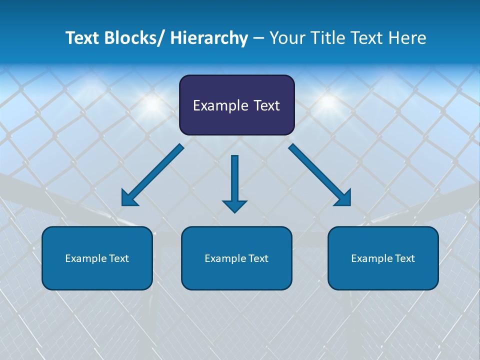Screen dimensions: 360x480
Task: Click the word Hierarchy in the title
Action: [208, 38]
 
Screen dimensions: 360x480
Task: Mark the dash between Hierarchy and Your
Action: [258, 39]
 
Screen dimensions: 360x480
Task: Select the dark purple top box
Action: [236, 105]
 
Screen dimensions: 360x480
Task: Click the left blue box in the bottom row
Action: [97, 258]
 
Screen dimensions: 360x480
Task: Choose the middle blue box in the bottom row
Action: [236, 258]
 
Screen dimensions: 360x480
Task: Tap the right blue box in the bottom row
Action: [383, 258]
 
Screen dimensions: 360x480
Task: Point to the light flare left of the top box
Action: [153, 103]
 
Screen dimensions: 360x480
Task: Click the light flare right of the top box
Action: [327, 101]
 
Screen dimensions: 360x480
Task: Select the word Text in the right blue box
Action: [404, 258]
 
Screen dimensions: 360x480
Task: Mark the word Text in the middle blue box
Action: [258, 258]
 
